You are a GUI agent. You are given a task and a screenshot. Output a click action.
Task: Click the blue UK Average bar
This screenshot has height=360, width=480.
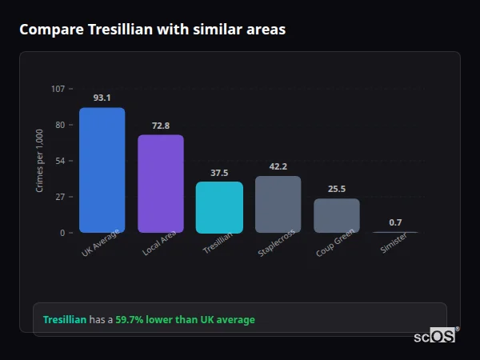(102, 170)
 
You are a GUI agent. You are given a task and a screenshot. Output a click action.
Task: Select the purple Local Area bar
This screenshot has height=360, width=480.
(161, 183)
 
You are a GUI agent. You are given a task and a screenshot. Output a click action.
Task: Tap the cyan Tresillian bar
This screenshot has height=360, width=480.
(219, 207)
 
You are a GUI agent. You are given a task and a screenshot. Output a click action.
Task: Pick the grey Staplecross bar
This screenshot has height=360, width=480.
(278, 204)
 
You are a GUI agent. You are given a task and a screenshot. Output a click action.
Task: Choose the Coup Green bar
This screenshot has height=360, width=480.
(337, 215)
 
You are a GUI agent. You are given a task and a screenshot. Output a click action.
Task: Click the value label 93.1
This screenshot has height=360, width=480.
(102, 98)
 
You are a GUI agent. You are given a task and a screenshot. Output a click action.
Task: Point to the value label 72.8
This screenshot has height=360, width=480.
(161, 126)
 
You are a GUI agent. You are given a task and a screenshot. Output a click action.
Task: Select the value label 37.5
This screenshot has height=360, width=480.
(219, 173)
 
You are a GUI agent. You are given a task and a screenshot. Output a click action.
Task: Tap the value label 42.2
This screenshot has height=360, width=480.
(278, 166)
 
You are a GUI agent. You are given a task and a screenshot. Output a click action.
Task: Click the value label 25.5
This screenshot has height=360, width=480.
(337, 189)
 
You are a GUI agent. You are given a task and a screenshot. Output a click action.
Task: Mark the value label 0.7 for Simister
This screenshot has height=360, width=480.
(395, 222)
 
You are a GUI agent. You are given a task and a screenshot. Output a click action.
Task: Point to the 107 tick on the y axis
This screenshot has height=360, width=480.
(58, 89)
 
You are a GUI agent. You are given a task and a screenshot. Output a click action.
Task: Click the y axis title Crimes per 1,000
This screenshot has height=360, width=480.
(40, 161)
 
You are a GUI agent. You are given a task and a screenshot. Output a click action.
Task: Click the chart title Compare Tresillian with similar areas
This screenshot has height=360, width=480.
(152, 30)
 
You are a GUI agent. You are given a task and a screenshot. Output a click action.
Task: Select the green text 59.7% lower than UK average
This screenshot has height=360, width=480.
(185, 320)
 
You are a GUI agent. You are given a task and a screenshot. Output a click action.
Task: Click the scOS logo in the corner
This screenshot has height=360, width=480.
(435, 336)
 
